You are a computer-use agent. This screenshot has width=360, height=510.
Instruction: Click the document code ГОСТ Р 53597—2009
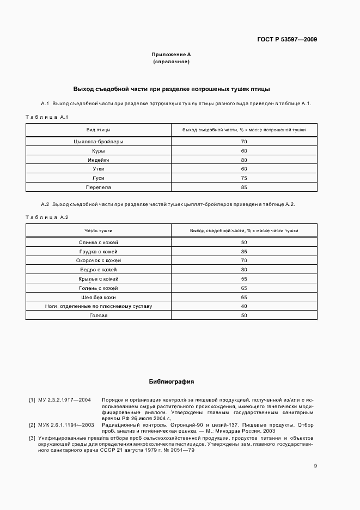pyautogui.click(x=287, y=39)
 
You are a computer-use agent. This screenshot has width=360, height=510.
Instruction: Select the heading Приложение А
pyautogui.click(x=171, y=54)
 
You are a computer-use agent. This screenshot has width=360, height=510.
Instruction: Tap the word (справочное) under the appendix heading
pyautogui.click(x=171, y=62)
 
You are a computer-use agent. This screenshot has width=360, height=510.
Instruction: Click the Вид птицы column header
pyautogui.click(x=99, y=130)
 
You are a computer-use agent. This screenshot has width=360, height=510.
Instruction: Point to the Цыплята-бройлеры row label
pyautogui.click(x=99, y=142)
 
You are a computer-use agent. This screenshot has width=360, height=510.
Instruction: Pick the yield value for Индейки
pyautogui.click(x=244, y=160)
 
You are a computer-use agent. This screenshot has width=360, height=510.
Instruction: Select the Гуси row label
pyautogui.click(x=99, y=178)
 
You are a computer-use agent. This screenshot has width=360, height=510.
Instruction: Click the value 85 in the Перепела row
pyautogui.click(x=244, y=187)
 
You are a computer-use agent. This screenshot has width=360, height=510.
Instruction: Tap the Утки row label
pyautogui.click(x=99, y=169)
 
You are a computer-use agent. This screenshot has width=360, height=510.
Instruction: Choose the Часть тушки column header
pyautogui.click(x=99, y=230)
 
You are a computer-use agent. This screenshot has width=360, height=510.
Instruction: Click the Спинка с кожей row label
pyautogui.click(x=99, y=242)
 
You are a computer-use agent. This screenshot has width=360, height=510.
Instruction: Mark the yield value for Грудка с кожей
pyautogui.click(x=244, y=251)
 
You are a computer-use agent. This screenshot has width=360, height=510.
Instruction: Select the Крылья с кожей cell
pyautogui.click(x=99, y=278)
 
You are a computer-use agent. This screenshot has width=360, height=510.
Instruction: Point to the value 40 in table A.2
pyautogui.click(x=244, y=306)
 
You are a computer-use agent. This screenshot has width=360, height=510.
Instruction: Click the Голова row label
pyautogui.click(x=99, y=315)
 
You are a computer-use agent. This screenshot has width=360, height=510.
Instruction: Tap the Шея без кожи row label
pyautogui.click(x=99, y=297)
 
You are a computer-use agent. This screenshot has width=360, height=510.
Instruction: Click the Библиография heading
pyautogui.click(x=171, y=381)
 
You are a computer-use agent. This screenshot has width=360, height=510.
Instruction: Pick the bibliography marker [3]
pyautogui.click(x=32, y=438)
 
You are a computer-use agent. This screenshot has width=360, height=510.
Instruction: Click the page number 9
pyautogui.click(x=315, y=465)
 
